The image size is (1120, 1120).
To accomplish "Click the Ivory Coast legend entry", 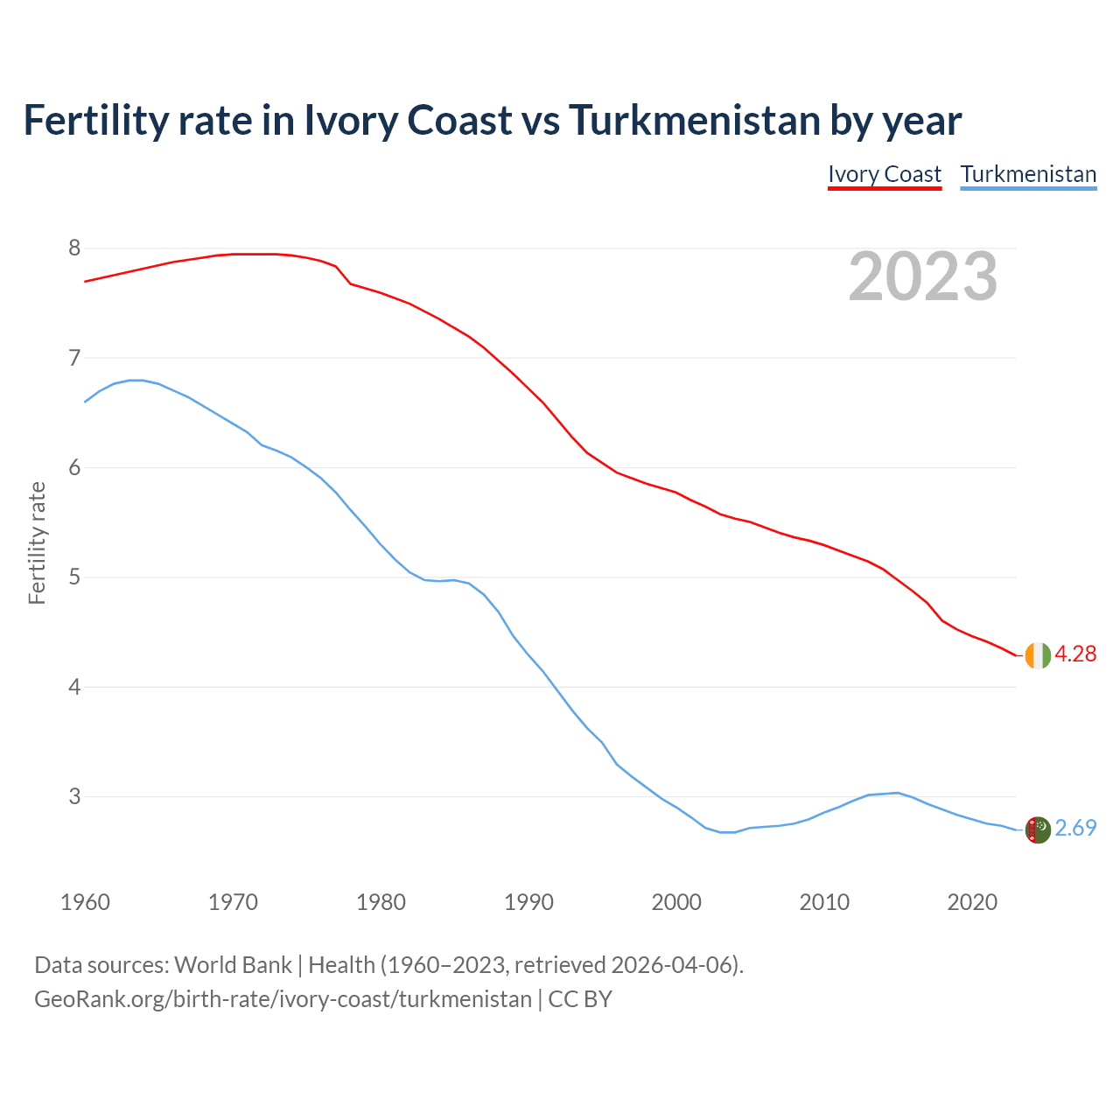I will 885,174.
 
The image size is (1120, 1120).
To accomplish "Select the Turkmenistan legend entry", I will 1028,174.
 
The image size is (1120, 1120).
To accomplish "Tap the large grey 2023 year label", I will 923,276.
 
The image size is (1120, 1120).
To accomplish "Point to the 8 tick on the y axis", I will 74,248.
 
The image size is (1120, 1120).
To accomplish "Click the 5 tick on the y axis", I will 74,577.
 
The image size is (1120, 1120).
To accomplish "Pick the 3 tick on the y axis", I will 74,797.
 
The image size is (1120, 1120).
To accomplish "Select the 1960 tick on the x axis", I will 85,902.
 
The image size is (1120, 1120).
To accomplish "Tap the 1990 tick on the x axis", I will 528,902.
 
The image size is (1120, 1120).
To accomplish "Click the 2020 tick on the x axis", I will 972,902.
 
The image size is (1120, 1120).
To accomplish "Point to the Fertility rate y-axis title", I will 37,542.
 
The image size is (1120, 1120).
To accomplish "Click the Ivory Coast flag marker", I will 1037,655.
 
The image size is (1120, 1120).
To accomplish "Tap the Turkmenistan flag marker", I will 1037,829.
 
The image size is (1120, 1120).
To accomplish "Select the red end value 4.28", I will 1075,654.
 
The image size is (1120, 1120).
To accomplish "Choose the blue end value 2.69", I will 1075,828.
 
